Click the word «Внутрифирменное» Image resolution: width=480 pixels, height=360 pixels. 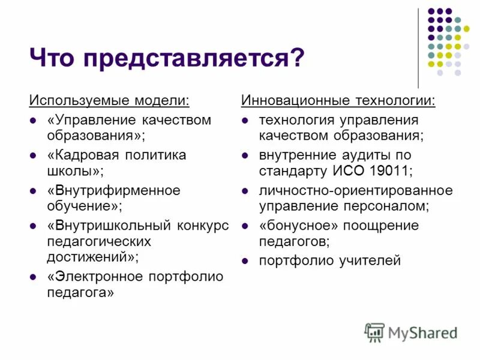[x=113, y=191]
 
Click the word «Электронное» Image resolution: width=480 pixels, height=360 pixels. [x=95, y=277]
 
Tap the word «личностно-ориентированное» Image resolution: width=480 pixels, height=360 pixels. [x=356, y=191]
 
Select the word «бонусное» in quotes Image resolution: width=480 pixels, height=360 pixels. [x=298, y=226]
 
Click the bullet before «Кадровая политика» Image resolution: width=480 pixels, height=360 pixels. [x=34, y=155]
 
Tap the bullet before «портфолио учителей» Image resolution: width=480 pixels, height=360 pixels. [x=245, y=261]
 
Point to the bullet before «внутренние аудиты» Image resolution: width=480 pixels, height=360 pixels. [x=245, y=155]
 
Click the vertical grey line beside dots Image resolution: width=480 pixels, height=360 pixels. [x=418, y=48]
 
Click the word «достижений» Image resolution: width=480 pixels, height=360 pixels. [x=90, y=257]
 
